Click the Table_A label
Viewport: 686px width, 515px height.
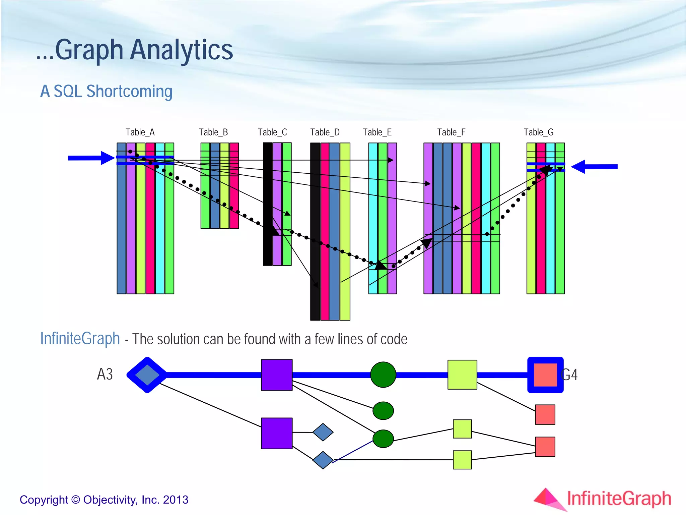pyautogui.click(x=140, y=132)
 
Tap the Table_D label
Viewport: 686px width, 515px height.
pyautogui.click(x=325, y=132)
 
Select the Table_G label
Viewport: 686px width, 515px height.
pyautogui.click(x=538, y=132)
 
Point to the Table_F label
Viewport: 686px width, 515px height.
pyautogui.click(x=451, y=132)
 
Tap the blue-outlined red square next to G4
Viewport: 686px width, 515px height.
pyautogui.click(x=545, y=375)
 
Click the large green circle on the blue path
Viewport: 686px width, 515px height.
pyautogui.click(x=383, y=375)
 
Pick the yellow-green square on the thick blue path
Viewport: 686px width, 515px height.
pyautogui.click(x=462, y=375)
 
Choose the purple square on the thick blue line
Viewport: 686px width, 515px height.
pyautogui.click(x=277, y=375)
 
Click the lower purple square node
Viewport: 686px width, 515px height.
pyautogui.click(x=277, y=433)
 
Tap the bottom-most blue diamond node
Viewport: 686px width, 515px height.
pyautogui.click(x=323, y=460)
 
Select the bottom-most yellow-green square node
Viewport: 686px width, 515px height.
pyautogui.click(x=462, y=460)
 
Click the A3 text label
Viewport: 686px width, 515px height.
pyautogui.click(x=105, y=374)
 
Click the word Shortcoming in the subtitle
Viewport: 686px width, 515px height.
pyautogui.click(x=129, y=91)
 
